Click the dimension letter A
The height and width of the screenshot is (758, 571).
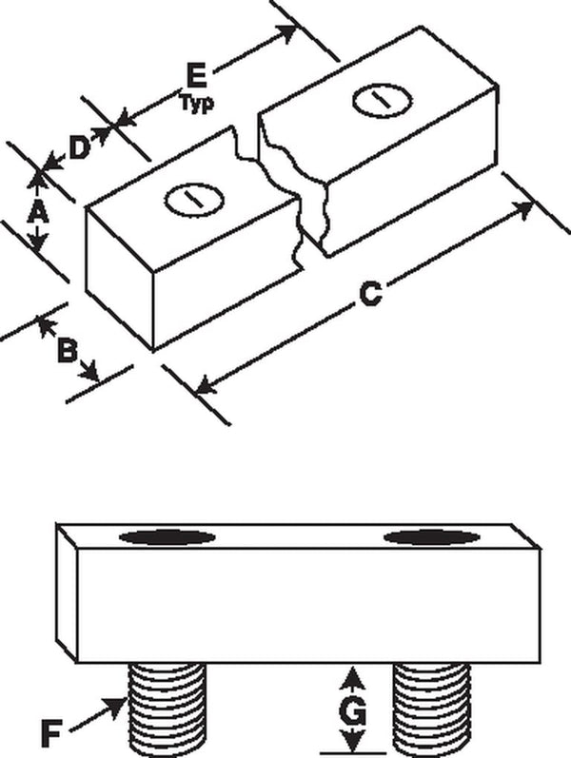38,212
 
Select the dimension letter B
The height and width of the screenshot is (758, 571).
68,351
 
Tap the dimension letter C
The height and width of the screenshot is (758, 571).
371,295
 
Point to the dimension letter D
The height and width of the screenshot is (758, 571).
79,148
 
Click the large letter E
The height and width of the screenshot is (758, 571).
196,76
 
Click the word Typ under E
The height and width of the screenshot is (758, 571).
197,103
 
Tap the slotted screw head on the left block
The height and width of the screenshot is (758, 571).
194,199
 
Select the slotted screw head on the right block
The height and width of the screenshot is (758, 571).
383,101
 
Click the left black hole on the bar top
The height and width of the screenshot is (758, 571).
167,537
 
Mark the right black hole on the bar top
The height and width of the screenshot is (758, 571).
432,537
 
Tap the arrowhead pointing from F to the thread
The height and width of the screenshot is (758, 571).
116,707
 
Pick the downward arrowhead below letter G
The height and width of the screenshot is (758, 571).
355,740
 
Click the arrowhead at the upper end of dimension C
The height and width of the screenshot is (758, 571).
522,211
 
